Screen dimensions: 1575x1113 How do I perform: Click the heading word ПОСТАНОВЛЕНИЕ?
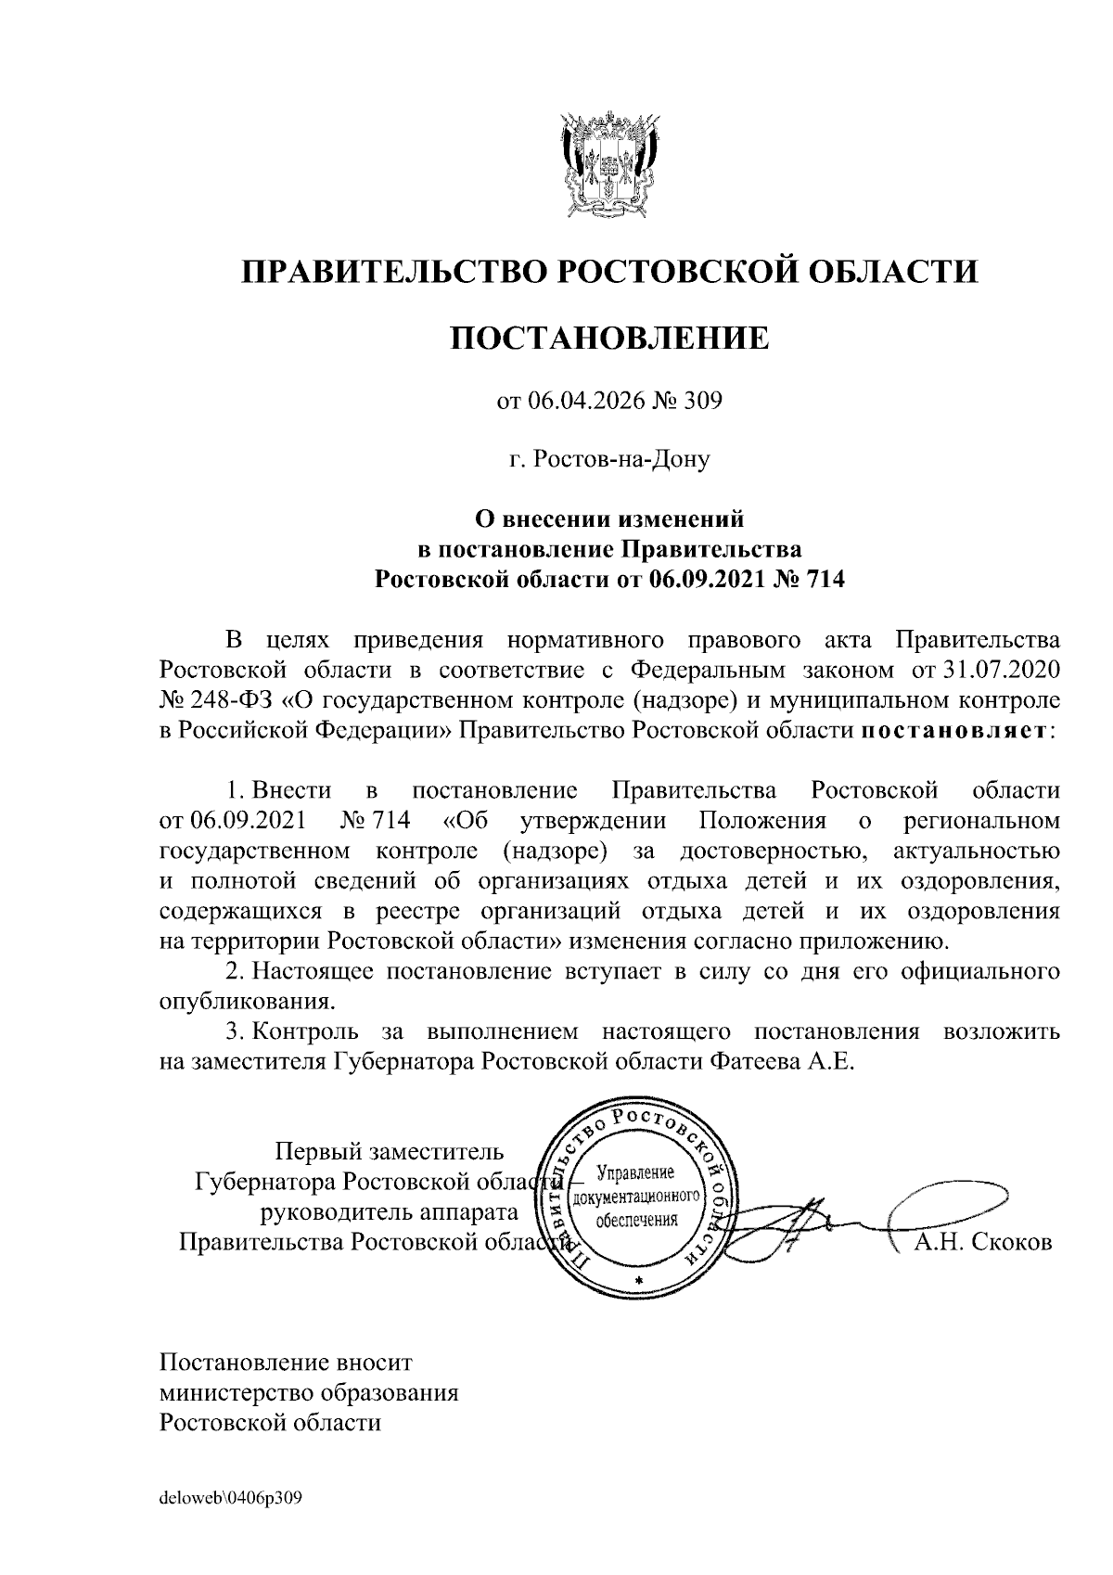tap(609, 338)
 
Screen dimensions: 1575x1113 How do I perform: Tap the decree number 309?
tap(702, 402)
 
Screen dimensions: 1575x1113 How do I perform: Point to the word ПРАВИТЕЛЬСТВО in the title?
tap(390, 272)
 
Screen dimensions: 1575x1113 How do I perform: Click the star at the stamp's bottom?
tap(638, 1281)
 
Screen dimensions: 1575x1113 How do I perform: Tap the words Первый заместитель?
tap(390, 1151)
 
